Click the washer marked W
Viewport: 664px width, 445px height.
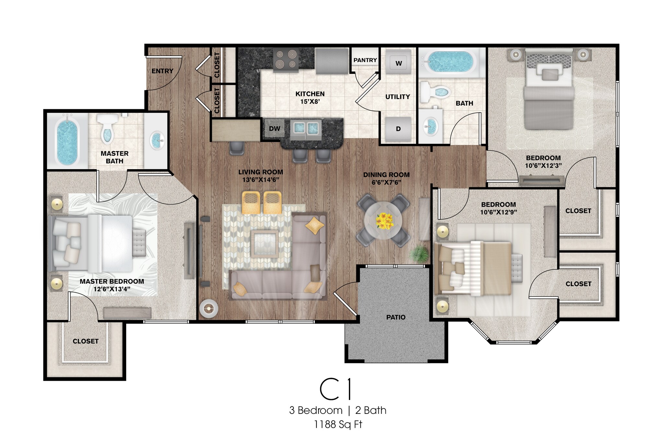tap(398, 63)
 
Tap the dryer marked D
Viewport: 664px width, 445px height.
tap(398, 129)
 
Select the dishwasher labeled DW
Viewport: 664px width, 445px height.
tap(274, 128)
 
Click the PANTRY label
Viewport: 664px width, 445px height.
tap(365, 60)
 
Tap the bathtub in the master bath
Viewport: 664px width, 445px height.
tap(68, 141)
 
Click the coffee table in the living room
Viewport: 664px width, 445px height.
tap(265, 244)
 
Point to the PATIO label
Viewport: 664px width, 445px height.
tap(396, 317)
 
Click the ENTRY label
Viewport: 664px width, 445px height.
tap(162, 71)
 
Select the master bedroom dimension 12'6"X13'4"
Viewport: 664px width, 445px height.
tap(112, 289)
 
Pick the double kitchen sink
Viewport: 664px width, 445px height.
tap(306, 129)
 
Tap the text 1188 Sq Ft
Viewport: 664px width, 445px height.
tap(338, 425)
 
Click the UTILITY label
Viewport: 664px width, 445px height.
tap(397, 97)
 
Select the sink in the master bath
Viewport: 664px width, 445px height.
tap(157, 141)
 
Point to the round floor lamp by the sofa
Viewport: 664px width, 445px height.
tap(208, 309)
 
